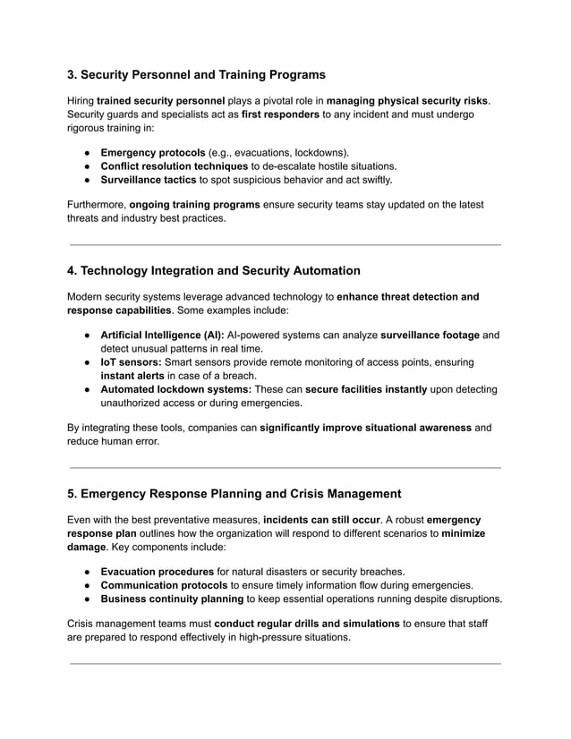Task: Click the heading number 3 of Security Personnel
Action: pos(73,74)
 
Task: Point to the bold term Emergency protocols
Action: pos(152,152)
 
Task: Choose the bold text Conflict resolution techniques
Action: pos(174,166)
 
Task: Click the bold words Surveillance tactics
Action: pos(148,181)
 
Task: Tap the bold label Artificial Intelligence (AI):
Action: pos(162,335)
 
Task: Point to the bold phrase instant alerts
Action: pos(133,376)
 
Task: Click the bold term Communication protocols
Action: pos(163,585)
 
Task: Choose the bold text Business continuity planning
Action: pos(171,599)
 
